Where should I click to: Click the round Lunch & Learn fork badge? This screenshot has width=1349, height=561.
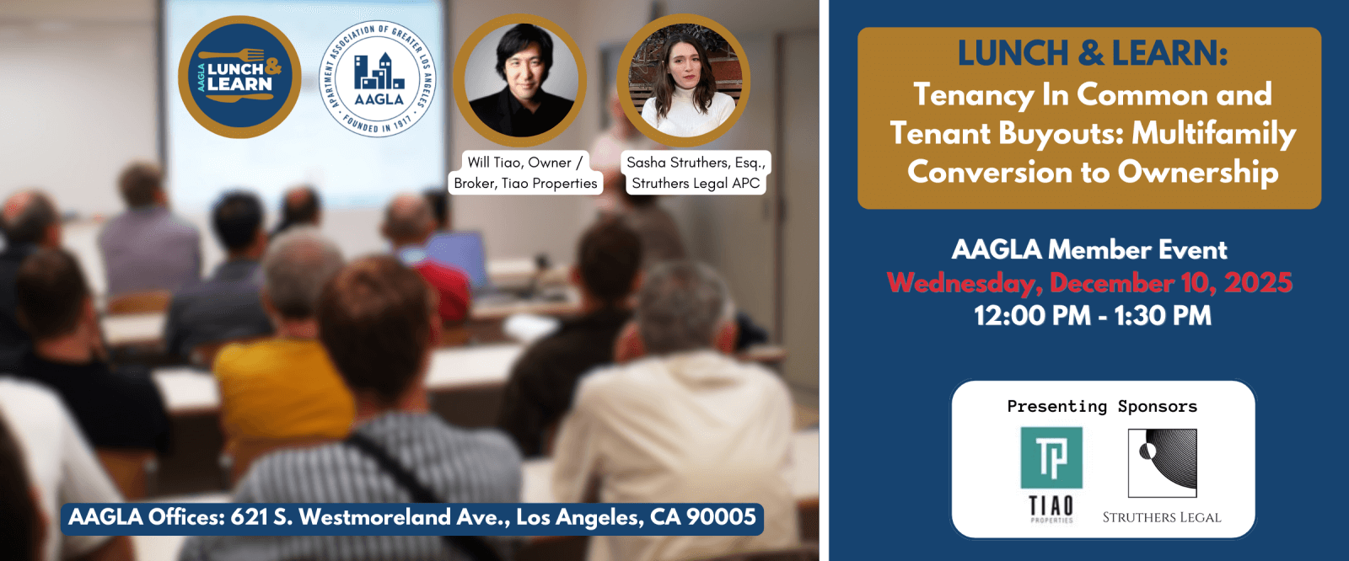pyautogui.click(x=239, y=77)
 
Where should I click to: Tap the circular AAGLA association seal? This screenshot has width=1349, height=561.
pyautogui.click(x=378, y=79)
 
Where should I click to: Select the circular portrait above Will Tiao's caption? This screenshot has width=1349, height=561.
pyautogui.click(x=520, y=80)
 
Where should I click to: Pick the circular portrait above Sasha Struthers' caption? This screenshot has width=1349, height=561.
pyautogui.click(x=684, y=80)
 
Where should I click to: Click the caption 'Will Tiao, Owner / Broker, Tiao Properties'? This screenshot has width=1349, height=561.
pyautogui.click(x=525, y=173)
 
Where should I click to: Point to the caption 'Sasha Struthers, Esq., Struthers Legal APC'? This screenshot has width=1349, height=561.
pyautogui.click(x=696, y=173)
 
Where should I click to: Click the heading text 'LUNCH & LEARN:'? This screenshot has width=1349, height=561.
pyautogui.click(x=1093, y=54)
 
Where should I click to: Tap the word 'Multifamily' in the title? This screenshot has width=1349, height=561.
pyautogui.click(x=1213, y=134)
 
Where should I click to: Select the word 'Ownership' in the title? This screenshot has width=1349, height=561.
pyautogui.click(x=1198, y=172)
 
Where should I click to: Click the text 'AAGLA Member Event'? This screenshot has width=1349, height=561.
pyautogui.click(x=1089, y=250)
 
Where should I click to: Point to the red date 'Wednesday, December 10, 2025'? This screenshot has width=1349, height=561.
pyautogui.click(x=1090, y=283)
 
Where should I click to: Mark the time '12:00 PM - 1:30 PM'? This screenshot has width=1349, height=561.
pyautogui.click(x=1093, y=316)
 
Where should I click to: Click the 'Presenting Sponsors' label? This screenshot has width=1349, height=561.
pyautogui.click(x=1102, y=407)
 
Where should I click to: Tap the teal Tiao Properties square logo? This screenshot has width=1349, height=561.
pyautogui.click(x=1051, y=457)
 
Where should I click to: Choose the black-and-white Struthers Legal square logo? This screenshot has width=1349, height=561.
pyautogui.click(x=1163, y=463)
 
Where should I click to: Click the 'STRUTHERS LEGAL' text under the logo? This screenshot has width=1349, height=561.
pyautogui.click(x=1162, y=518)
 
